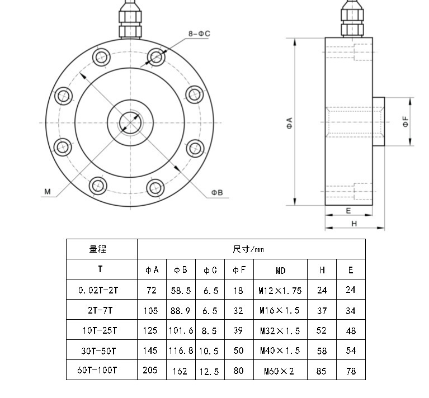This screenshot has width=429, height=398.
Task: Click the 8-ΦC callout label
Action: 199,34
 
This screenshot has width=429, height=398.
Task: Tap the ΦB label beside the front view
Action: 217,192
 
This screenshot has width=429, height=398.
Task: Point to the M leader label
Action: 48,191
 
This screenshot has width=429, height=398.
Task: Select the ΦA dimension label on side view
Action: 290,123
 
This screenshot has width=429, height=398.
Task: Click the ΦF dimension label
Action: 406,121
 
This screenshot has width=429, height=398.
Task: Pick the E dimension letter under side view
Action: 348,211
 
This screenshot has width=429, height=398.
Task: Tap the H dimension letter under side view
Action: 354,224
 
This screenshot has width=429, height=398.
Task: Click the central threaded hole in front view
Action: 130,122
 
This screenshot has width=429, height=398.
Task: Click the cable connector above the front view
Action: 130,19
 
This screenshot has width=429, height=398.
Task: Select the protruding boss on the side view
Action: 379,121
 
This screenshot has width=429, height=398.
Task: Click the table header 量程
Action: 98,249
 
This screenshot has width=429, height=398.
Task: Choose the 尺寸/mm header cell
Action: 248,249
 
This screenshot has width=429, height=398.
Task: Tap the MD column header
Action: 280,271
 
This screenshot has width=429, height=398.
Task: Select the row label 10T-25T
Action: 100,330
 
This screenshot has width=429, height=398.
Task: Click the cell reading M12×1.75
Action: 280,291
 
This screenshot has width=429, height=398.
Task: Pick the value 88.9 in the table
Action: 180,311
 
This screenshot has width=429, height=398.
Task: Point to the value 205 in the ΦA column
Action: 150,370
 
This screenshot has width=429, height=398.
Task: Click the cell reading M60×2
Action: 279,371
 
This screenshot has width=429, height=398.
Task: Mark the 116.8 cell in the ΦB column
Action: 181,350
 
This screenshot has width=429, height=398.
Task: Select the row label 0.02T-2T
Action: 98,290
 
